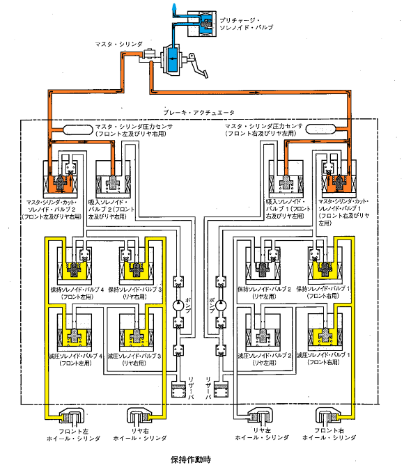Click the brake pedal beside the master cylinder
pyautogui.click(x=199, y=66)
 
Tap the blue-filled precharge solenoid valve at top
pyautogui.click(x=202, y=24)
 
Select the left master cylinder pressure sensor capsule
pyautogui.click(x=77, y=130)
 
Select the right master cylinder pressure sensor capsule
pyautogui.click(x=320, y=129)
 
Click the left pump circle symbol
pyautogui.click(x=178, y=305)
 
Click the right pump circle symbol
pyautogui.click(x=221, y=305)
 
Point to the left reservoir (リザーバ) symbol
pyautogui.click(x=178, y=390)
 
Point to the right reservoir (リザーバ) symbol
pyautogui.click(x=221, y=390)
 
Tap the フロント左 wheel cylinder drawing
pyautogui.click(x=71, y=416)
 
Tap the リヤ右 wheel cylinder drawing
pyautogui.click(x=139, y=416)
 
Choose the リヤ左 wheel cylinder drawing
pyautogui.click(x=261, y=416)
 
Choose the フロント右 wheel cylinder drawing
pyautogui.click(x=328, y=416)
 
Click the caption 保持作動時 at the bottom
pyautogui.click(x=191, y=459)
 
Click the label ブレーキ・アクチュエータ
pyautogui.click(x=199, y=113)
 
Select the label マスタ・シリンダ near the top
pyautogui.click(x=118, y=45)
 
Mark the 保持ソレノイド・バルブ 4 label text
pyautogui.click(x=77, y=290)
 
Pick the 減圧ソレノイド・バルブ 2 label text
pyautogui.click(x=265, y=356)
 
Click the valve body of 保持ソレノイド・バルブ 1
pyautogui.click(x=325, y=265)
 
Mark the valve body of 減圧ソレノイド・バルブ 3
pyautogui.click(x=136, y=333)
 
